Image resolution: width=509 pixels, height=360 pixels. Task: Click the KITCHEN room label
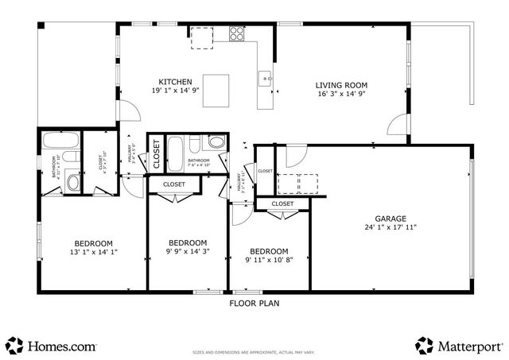(x=175, y=82)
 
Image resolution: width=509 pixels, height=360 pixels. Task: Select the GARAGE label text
(x=390, y=219)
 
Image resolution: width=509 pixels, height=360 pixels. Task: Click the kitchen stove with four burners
(x=237, y=33)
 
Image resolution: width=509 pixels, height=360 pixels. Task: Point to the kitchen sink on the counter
(x=265, y=78)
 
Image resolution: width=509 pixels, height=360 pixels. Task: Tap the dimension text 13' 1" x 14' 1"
(x=93, y=253)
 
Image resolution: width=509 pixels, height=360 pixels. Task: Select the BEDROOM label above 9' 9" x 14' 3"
(x=188, y=243)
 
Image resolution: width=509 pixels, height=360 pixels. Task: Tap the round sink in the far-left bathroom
(x=73, y=182)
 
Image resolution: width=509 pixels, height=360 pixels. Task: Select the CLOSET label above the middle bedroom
(x=174, y=184)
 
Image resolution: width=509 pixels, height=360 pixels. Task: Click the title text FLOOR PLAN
(x=254, y=303)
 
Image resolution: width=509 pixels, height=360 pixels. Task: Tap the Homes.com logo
(x=51, y=346)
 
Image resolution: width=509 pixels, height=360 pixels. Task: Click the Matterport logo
(x=459, y=346)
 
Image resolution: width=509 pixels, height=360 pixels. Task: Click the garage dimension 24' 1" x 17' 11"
(x=390, y=227)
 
